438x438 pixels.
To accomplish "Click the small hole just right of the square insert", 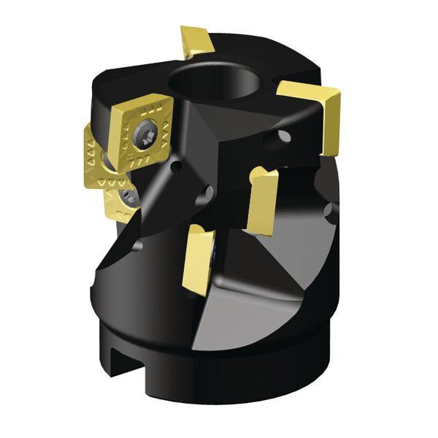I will [175, 168].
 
